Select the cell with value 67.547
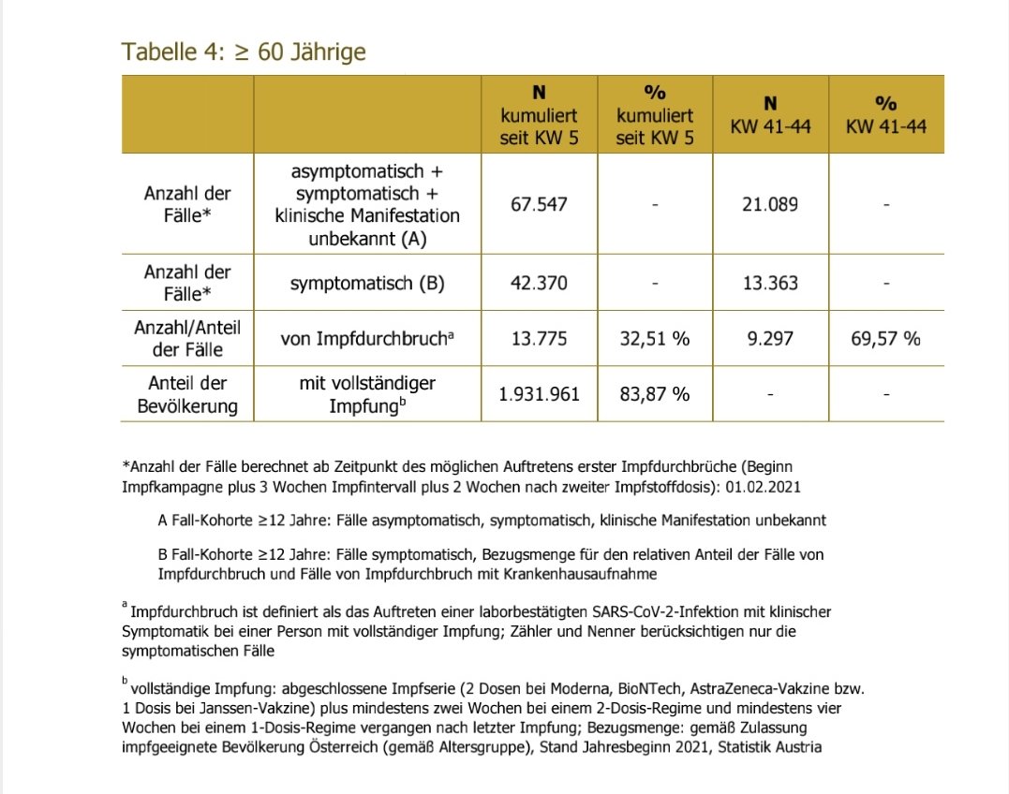click(x=539, y=204)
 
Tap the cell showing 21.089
click(x=770, y=204)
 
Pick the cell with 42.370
click(x=539, y=282)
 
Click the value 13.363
click(x=770, y=282)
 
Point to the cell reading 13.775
click(x=539, y=338)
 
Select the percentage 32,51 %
click(x=654, y=338)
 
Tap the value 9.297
click(x=770, y=338)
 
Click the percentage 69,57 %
click(x=885, y=338)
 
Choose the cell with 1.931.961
click(x=539, y=394)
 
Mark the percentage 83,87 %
click(x=654, y=394)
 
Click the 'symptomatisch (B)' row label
click(x=367, y=282)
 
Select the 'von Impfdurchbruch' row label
click(x=367, y=339)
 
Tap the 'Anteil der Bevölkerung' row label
click(x=187, y=394)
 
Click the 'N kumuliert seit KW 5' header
click(x=539, y=115)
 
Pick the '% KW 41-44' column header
click(x=885, y=115)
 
